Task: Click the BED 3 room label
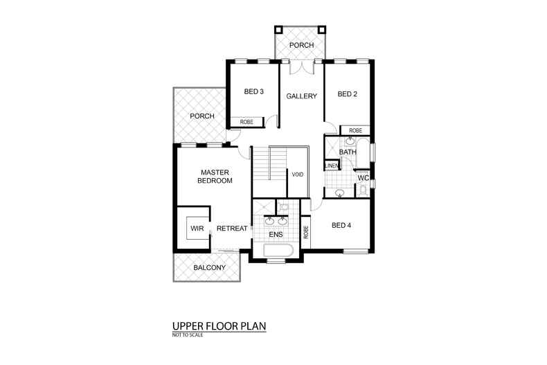click(254, 91)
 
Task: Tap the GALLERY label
click(302, 96)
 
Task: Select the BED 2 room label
click(348, 94)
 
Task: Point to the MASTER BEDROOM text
click(214, 176)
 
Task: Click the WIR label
click(196, 228)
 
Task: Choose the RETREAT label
click(232, 229)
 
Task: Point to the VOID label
click(298, 175)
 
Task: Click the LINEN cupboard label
click(331, 166)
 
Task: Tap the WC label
click(363, 178)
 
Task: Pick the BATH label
click(347, 152)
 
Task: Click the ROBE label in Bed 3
click(246, 122)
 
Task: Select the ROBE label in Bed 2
click(355, 130)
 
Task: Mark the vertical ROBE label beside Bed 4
click(305, 232)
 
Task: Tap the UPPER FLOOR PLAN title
click(219, 326)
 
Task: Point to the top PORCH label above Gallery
click(301, 46)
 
